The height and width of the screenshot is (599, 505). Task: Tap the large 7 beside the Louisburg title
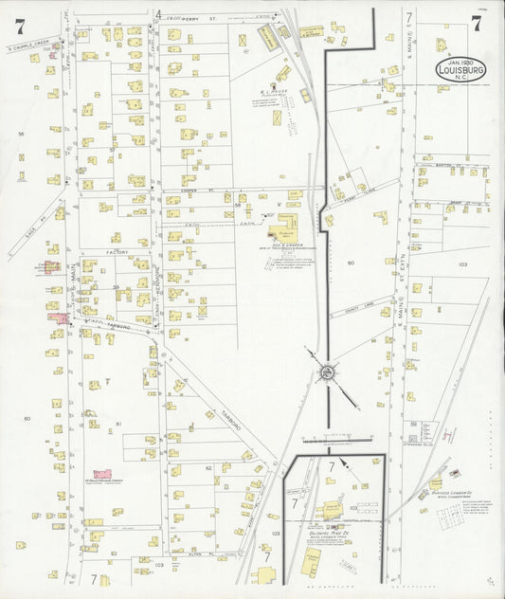[476, 24]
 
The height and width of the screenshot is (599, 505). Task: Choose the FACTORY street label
[117, 253]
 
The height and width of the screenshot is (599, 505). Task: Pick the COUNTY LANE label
[351, 304]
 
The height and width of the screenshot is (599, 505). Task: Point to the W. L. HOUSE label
[274, 92]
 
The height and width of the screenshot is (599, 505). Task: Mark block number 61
[118, 424]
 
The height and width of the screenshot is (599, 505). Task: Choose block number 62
[207, 467]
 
